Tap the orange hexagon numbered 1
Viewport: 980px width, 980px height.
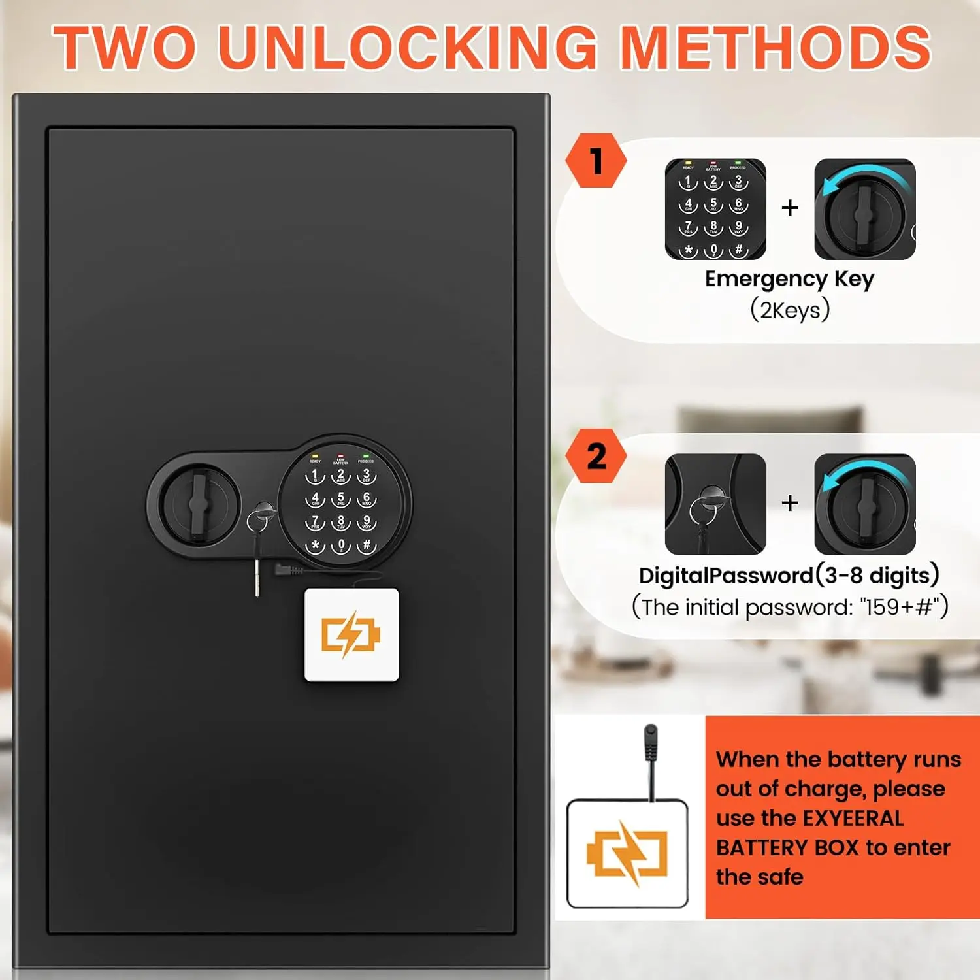(595, 161)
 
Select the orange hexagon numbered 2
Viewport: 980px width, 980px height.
(595, 456)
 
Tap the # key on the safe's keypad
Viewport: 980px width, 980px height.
(367, 545)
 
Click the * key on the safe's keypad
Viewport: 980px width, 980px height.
(316, 545)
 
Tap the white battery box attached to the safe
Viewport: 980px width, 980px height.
(351, 634)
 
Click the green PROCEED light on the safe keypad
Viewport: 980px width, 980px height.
(366, 456)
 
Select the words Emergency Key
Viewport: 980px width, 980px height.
(789, 279)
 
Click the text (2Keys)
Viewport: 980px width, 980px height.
(789, 310)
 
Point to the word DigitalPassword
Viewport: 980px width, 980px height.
(725, 576)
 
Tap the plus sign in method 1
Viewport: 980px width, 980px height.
(790, 208)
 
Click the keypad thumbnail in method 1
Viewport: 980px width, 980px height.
(715, 209)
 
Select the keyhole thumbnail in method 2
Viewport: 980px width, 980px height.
(715, 504)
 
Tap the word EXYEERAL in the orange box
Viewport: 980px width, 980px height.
(853, 818)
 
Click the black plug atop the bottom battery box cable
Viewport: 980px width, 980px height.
(650, 742)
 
